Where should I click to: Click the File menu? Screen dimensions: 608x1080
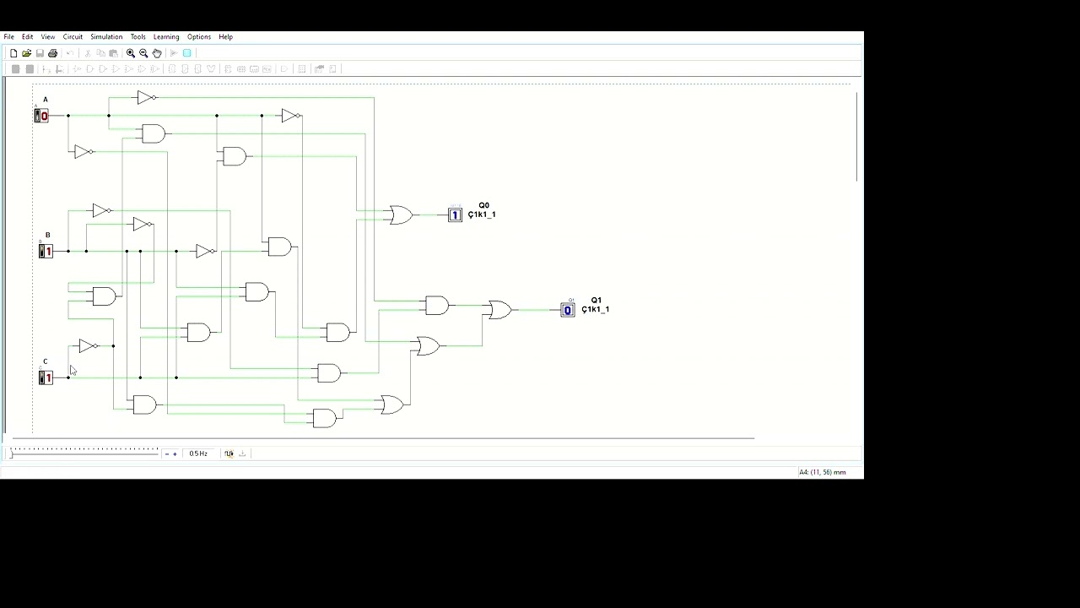(8, 37)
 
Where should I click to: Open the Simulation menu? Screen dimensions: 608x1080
(106, 37)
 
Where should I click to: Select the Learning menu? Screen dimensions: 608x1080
(166, 37)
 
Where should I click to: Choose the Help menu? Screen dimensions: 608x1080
(225, 37)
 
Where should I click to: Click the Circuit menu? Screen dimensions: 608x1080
(73, 37)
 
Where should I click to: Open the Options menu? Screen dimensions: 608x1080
(199, 37)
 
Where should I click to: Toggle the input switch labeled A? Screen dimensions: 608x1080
(41, 116)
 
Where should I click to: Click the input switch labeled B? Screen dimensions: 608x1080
(46, 252)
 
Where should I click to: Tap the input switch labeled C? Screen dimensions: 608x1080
(46, 377)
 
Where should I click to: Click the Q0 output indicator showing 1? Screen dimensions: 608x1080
(455, 215)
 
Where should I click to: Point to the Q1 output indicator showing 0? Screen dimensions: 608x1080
(567, 310)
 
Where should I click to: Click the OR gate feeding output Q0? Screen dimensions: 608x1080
(400, 215)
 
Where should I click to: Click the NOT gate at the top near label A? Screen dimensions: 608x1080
(145, 98)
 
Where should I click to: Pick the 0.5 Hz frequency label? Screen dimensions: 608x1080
(198, 453)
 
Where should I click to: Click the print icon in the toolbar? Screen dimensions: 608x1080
(52, 53)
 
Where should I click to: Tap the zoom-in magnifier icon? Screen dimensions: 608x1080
(131, 53)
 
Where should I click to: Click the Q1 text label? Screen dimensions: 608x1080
(596, 301)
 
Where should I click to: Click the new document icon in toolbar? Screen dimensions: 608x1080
(13, 53)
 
